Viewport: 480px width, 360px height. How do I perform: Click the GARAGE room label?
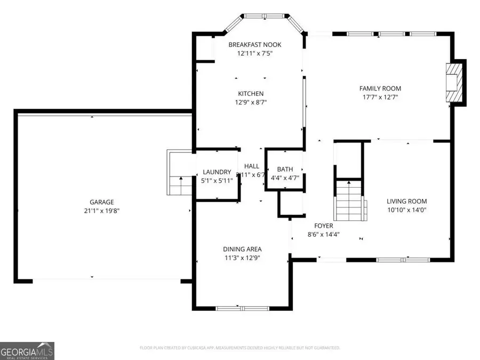coord(101,202)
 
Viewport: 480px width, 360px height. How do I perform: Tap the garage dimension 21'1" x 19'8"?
coord(101,210)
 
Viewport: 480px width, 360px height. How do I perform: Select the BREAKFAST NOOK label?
coord(254,45)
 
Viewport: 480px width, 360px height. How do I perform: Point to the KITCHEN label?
coord(251,94)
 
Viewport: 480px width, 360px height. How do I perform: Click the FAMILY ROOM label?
coord(380,89)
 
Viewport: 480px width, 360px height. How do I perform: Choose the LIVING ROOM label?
coord(406,201)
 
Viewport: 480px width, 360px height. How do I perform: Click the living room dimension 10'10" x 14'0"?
coord(406,210)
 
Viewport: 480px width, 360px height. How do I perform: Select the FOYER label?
coord(324,226)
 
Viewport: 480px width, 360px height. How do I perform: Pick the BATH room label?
coord(285,170)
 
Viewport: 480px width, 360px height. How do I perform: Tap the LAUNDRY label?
coord(217,172)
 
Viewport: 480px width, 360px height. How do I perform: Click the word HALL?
coord(252,166)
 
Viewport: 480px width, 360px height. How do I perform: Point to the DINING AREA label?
coord(242,249)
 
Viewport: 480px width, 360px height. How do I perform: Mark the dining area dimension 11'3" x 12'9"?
coord(242,258)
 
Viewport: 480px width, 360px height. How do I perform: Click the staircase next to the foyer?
coord(349,201)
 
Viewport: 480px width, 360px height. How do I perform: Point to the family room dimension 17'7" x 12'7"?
coord(380,97)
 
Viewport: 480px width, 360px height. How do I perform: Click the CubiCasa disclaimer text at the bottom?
coord(239,348)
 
